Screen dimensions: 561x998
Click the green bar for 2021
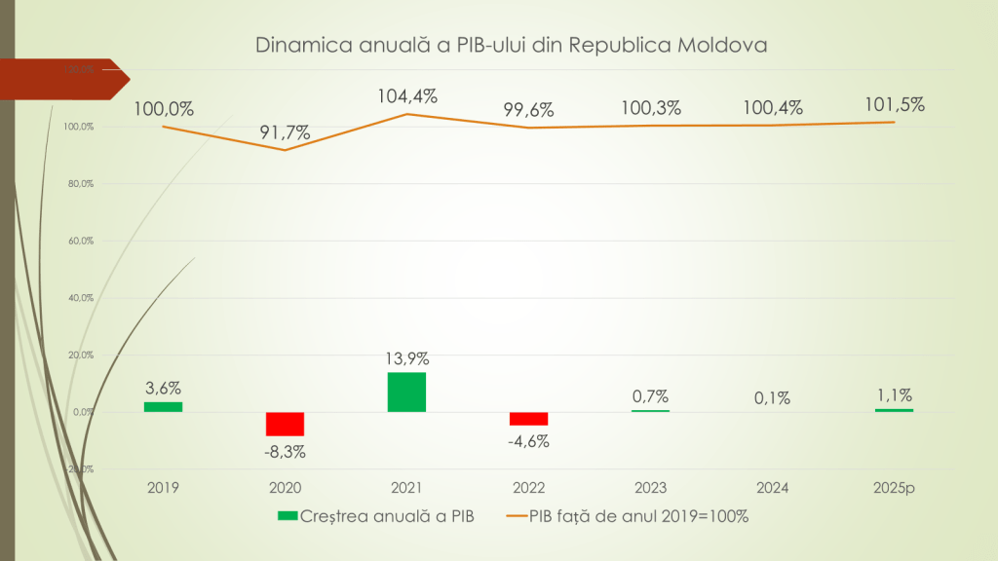pyautogui.click(x=406, y=392)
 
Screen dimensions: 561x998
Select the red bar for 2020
pyautogui.click(x=285, y=424)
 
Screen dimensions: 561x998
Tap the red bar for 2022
pyautogui.click(x=528, y=419)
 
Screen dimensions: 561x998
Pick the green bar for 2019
pyautogui.click(x=163, y=406)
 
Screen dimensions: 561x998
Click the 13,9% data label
pyautogui.click(x=406, y=357)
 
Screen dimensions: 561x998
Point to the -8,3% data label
pyautogui.click(x=285, y=451)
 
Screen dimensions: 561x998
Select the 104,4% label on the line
pyautogui.click(x=406, y=96)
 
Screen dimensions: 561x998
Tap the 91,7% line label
pyautogui.click(x=285, y=132)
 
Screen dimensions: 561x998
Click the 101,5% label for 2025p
pyautogui.click(x=894, y=104)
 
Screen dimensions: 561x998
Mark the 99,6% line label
pyautogui.click(x=528, y=110)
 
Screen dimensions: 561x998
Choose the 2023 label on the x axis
pyautogui.click(x=650, y=487)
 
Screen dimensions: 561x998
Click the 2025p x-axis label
pyautogui.click(x=894, y=487)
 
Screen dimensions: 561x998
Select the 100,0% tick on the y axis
pyautogui.click(x=80, y=127)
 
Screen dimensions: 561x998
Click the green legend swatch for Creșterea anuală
pyautogui.click(x=287, y=516)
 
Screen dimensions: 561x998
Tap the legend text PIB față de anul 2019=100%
pyautogui.click(x=638, y=516)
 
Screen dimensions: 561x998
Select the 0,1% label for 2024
pyautogui.click(x=772, y=397)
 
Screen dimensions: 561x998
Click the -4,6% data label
pyautogui.click(x=528, y=441)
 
